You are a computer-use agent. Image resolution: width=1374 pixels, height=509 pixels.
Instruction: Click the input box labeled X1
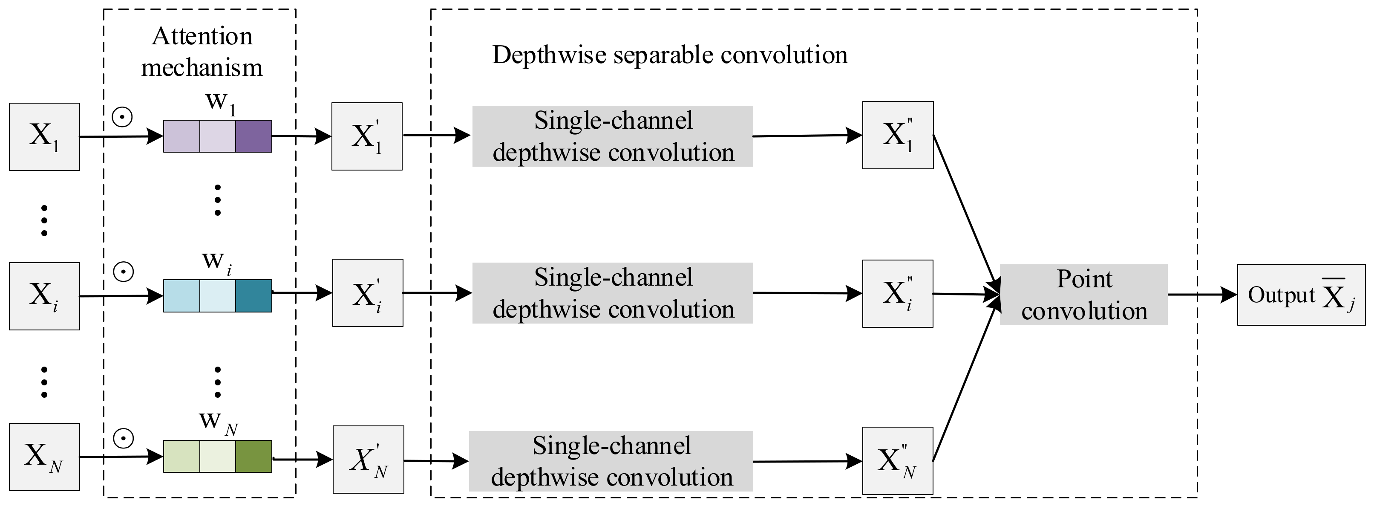44,136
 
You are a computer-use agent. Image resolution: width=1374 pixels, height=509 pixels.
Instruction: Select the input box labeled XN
44,457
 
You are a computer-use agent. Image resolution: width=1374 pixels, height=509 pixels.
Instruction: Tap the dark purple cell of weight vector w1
253,136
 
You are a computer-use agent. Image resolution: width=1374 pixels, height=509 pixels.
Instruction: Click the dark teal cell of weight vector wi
253,295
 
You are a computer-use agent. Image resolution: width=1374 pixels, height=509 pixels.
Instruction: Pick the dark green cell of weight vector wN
253,456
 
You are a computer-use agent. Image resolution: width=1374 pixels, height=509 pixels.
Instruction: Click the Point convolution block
1083,295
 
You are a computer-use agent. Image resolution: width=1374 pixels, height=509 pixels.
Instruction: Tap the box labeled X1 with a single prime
367,136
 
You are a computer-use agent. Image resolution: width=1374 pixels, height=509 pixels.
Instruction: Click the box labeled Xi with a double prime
898,293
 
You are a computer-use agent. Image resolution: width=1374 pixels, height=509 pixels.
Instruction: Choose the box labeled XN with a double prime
898,460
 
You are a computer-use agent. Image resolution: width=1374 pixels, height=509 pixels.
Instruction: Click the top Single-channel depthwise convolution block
612,136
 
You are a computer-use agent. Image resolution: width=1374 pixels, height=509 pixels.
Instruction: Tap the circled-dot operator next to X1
122,116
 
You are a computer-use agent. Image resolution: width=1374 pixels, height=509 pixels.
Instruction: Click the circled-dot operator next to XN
123,438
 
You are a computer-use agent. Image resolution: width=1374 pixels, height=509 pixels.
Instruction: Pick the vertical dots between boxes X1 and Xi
44,220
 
